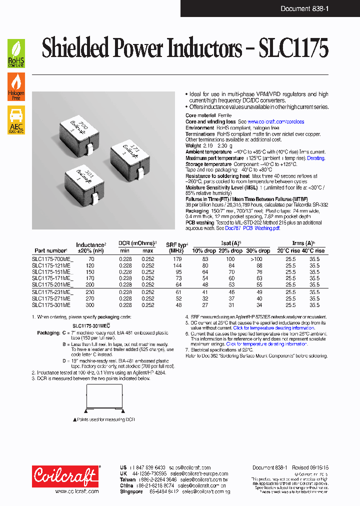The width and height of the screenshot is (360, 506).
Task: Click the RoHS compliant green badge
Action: [x=16, y=54]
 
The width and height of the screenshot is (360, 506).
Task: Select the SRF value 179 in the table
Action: [x=176, y=259]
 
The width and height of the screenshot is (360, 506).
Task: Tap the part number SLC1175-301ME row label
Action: [x=51, y=304]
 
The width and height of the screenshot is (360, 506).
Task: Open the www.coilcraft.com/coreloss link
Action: [x=275, y=122]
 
